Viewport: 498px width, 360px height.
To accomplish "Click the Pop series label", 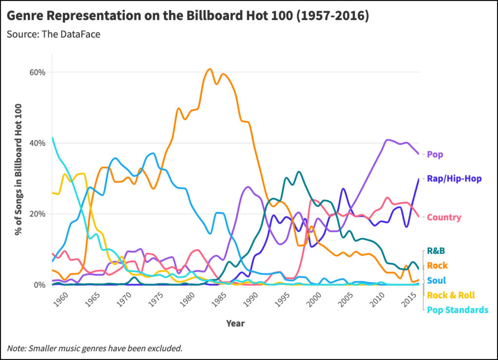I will pyautogui.click(x=435, y=154).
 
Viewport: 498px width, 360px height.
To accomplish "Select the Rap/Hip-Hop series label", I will pyautogui.click(x=454, y=179).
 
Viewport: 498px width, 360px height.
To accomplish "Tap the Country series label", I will pyautogui.click(x=444, y=217).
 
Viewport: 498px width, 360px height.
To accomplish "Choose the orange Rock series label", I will pyautogui.click(x=437, y=266).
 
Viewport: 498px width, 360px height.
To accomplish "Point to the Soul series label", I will pyautogui.click(x=437, y=280).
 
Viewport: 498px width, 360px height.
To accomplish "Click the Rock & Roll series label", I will pyautogui.click(x=451, y=295).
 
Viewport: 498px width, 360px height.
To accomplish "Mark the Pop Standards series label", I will pyautogui.click(x=457, y=310).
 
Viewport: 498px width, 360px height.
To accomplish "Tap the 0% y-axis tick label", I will pyautogui.click(x=39, y=285).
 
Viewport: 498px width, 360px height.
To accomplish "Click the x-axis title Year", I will pyautogui.click(x=235, y=323).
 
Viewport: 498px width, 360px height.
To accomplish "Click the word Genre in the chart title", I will pyautogui.click(x=25, y=16).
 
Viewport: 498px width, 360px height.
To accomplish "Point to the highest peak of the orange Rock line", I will pyautogui.click(x=209, y=69).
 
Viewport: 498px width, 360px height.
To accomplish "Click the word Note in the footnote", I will pyautogui.click(x=17, y=348).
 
